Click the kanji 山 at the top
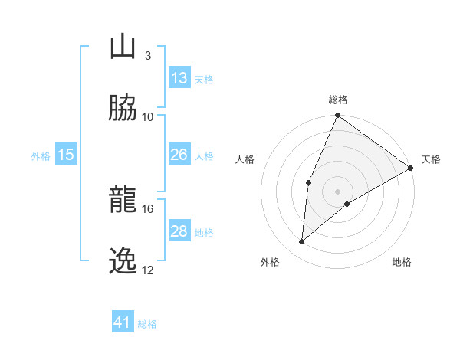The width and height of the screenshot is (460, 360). click(123, 47)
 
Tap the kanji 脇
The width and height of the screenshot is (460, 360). click(123, 109)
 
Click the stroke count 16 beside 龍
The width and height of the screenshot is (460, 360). click(148, 208)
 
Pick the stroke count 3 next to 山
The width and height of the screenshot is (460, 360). click(148, 55)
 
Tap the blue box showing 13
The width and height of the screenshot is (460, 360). click(179, 78)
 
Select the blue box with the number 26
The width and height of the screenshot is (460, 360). click(179, 155)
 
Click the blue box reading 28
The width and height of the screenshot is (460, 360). click(179, 231)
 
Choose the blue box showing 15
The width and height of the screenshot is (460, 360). click(66, 155)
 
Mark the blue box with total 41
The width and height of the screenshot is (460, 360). click(123, 322)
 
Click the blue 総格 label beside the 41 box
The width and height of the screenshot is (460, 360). click(147, 324)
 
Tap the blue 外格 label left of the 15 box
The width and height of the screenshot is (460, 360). click(41, 156)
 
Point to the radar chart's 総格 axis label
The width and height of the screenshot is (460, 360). click(338, 100)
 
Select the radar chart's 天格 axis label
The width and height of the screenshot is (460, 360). click(431, 159)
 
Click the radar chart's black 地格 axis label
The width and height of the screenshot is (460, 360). click(402, 262)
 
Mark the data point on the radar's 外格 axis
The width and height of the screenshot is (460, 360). click(302, 241)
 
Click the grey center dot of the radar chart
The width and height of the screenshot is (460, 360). click(338, 191)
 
